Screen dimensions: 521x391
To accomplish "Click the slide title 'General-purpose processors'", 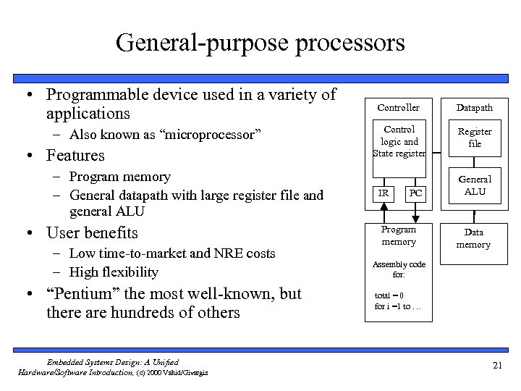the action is point(260,42).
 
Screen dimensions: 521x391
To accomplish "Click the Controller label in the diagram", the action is point(399,107).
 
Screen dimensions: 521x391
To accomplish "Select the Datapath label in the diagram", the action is point(475,107).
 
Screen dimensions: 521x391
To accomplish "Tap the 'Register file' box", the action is point(475,137).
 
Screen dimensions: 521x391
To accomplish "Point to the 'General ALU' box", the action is point(475,185).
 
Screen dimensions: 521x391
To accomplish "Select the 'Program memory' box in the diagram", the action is point(399,235).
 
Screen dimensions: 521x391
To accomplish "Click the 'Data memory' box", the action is point(474,238).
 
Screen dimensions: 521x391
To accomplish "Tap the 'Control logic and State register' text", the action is point(399,140).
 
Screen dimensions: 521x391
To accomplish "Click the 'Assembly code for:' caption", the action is point(399,269).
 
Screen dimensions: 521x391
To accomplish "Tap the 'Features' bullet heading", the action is point(75,155).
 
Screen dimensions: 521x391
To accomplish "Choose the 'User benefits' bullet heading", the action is point(92,232).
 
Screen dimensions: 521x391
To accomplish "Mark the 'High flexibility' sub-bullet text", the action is point(114,272).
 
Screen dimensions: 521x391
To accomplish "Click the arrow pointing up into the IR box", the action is point(384,208).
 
